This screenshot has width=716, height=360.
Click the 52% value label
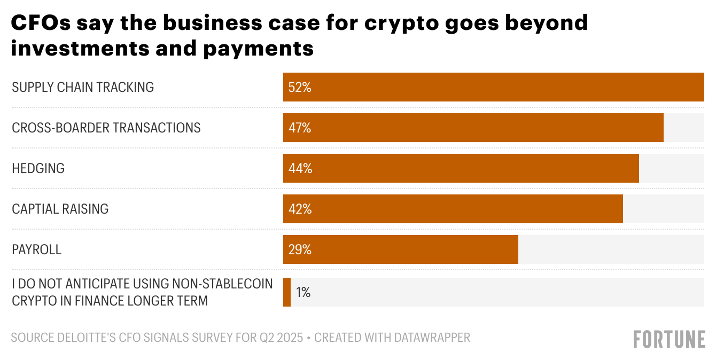300,87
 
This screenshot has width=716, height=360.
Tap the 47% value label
300,128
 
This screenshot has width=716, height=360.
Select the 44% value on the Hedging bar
300,168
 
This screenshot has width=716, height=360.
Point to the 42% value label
300,209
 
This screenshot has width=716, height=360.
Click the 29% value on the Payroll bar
300,249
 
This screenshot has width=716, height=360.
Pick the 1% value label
303,292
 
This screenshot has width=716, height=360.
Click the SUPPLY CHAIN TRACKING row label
83,87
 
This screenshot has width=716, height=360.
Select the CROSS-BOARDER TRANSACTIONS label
106,128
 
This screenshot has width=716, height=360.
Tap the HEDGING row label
38,168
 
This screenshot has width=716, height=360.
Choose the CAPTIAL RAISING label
60,209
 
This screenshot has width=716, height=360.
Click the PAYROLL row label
36,249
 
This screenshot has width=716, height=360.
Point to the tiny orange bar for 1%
287,292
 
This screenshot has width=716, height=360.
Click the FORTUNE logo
669,339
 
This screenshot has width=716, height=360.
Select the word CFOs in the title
40,23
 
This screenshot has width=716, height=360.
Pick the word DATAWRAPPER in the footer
432,338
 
